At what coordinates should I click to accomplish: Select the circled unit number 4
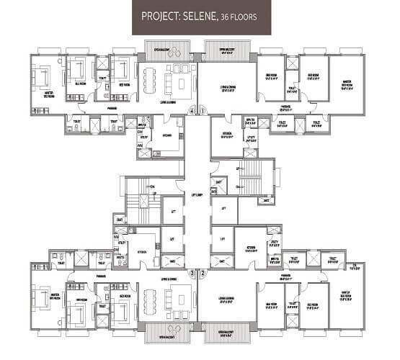click(192, 111)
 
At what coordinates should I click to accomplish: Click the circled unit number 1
click(203, 111)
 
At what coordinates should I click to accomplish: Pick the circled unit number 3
click(192, 274)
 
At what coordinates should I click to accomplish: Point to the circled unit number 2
click(203, 274)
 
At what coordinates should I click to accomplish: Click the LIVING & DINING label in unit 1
click(228, 89)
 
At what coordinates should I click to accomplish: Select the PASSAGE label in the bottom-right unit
click(286, 275)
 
